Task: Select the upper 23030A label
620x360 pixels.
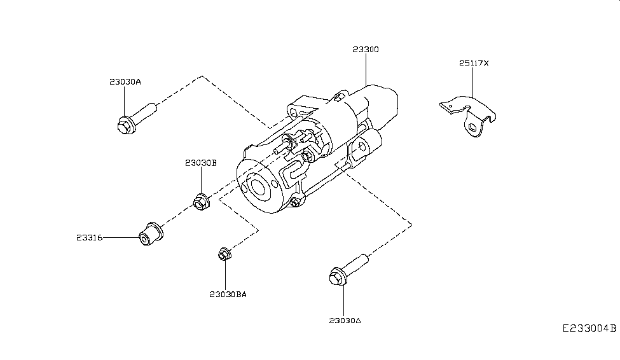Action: (125, 82)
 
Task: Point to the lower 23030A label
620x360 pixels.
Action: (345, 321)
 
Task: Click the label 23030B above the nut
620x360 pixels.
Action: (201, 163)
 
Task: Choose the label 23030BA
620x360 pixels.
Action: (227, 294)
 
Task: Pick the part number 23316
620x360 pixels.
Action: (89, 237)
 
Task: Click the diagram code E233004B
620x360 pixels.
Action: (589, 329)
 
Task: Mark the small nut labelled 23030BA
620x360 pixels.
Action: (223, 254)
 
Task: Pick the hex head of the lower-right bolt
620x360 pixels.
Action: (337, 278)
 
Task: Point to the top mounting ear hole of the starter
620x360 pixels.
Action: (294, 113)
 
